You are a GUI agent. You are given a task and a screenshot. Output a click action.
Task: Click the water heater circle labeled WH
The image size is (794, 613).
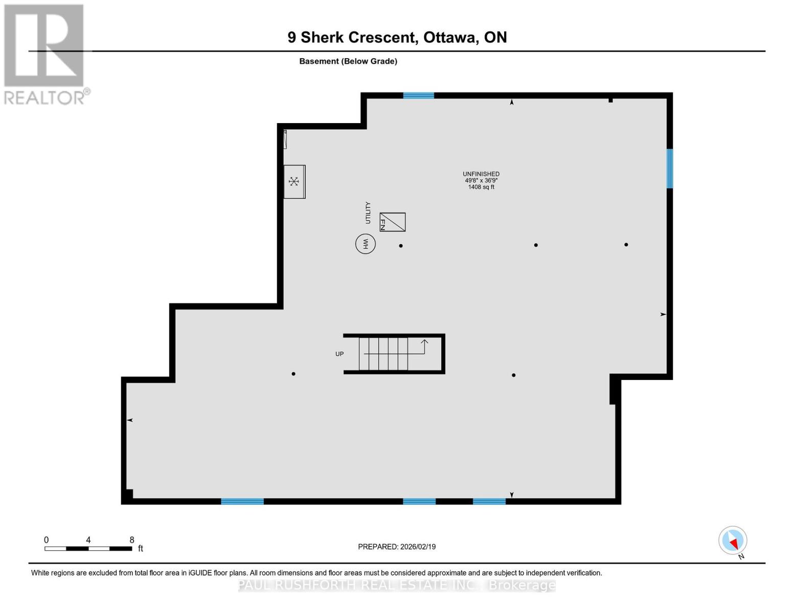click(366, 244)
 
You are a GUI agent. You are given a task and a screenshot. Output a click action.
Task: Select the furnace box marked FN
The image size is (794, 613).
click(393, 222)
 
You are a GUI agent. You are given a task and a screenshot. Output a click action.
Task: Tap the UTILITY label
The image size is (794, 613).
click(368, 213)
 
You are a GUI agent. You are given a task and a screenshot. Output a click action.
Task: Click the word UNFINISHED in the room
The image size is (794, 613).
click(481, 174)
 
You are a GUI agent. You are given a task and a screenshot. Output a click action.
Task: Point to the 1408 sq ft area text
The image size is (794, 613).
click(481, 187)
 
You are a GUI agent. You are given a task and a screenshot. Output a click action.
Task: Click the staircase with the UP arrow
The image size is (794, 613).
click(394, 353)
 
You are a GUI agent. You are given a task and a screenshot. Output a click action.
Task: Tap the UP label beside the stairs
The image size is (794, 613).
click(339, 354)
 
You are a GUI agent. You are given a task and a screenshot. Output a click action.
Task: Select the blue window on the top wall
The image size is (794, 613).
click(418, 96)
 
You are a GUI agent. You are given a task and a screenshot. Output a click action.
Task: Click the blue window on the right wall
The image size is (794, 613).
click(669, 169)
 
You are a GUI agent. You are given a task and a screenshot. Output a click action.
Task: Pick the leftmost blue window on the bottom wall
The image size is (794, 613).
click(242, 502)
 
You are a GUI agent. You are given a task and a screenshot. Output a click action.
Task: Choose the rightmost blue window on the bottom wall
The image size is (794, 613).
click(489, 502)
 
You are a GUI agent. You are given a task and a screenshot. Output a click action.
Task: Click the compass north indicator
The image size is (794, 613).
click(733, 540)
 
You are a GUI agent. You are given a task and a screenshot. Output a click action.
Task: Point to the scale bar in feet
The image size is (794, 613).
click(88, 549)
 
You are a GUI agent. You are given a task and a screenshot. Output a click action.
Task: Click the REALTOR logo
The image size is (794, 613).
click(44, 54)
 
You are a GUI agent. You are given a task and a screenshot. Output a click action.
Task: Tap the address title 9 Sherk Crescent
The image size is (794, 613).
click(397, 37)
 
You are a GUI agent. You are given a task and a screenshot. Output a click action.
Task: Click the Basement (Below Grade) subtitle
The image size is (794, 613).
click(348, 61)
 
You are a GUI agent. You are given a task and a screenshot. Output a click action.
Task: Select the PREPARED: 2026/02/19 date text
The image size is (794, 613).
click(397, 547)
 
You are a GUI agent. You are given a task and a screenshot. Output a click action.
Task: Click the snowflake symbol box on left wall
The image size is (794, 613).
click(294, 181)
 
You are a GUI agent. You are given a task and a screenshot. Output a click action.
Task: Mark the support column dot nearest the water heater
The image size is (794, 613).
click(401, 246)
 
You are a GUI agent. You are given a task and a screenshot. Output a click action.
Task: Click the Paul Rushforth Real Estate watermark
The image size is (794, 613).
click(397, 585)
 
